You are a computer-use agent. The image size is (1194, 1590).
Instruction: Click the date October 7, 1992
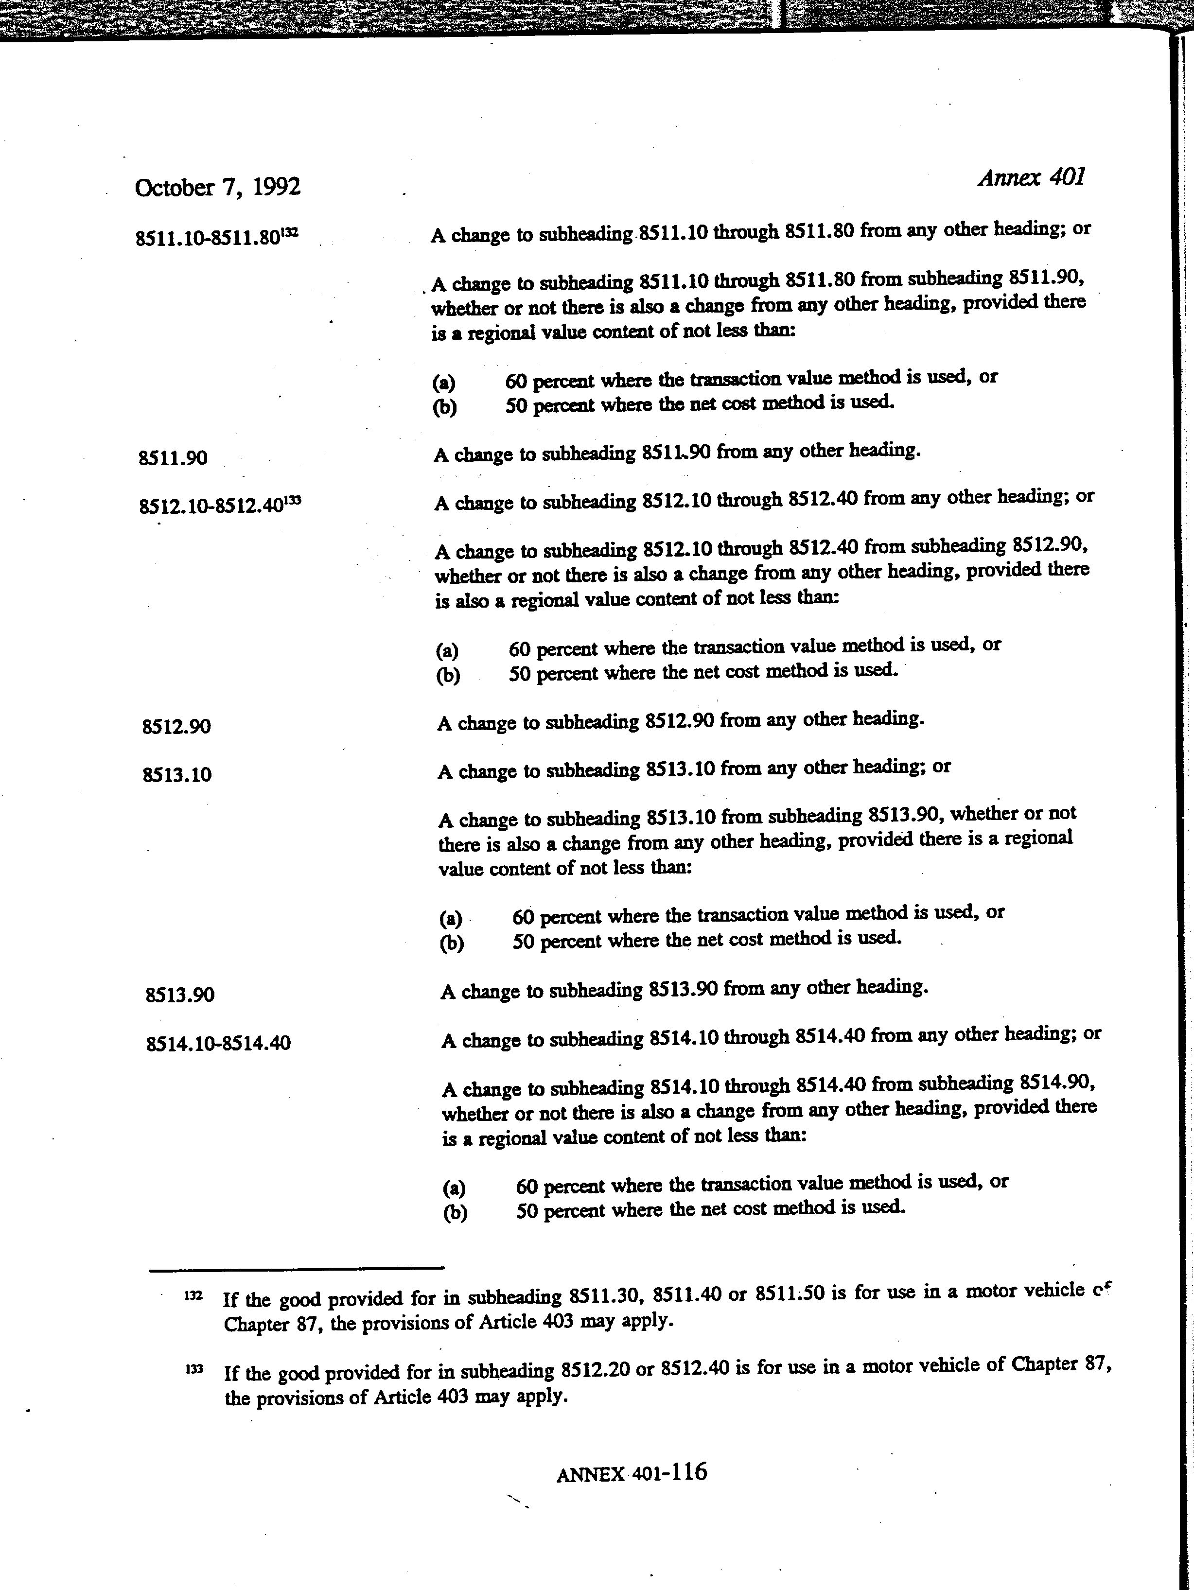click(217, 188)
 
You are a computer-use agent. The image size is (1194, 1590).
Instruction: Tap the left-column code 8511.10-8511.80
click(207, 237)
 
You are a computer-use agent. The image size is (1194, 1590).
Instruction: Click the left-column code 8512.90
click(176, 727)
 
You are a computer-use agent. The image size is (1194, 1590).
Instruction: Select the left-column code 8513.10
click(177, 775)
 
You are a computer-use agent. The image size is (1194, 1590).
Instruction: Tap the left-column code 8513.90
click(180, 995)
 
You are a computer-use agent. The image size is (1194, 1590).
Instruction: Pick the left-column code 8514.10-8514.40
click(218, 1043)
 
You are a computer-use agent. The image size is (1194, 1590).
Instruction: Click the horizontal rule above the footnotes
click(296, 1267)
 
